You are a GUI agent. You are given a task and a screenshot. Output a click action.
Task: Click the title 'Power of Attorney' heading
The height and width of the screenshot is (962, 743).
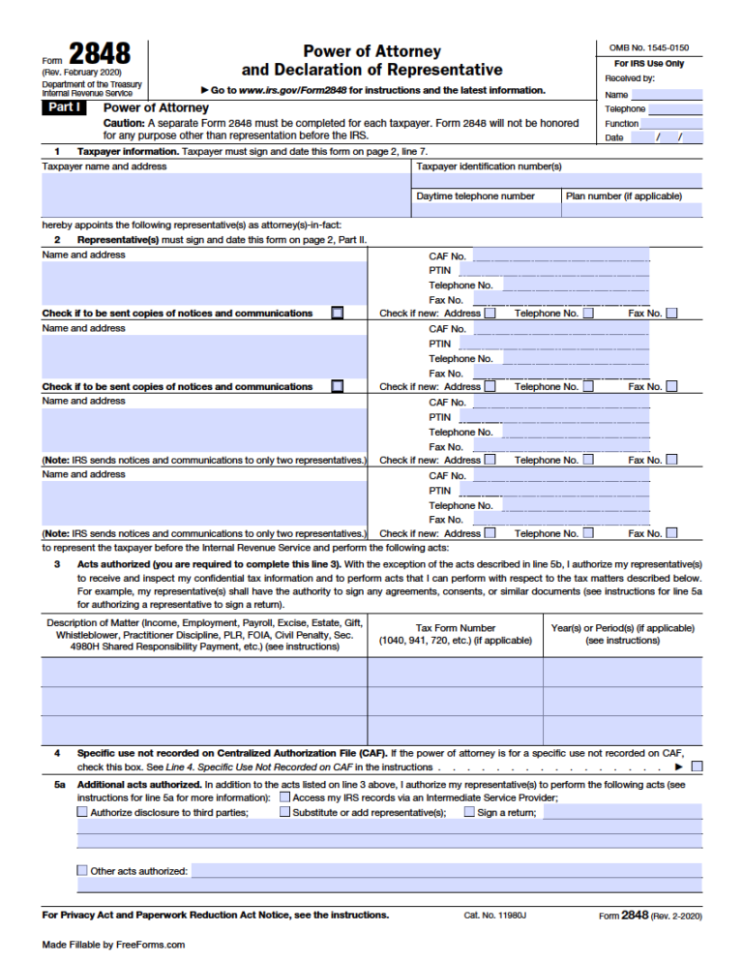[x=371, y=51]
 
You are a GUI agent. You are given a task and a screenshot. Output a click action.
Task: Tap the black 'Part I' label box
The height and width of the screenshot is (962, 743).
[x=66, y=108]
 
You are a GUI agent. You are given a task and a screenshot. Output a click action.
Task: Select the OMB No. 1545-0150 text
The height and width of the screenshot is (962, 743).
[x=648, y=47]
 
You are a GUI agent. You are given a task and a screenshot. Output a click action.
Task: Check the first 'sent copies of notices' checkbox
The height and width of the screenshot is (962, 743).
[x=337, y=313]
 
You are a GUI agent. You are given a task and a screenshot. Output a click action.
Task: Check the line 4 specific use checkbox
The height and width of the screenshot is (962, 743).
[x=697, y=767]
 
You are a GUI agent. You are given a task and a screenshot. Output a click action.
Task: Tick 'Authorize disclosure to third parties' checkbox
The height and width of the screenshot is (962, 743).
[x=82, y=813]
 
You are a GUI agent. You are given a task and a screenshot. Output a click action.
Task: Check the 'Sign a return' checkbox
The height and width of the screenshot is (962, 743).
[x=469, y=813]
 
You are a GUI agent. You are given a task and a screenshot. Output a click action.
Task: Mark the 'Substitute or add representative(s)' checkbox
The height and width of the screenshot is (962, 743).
[x=284, y=813]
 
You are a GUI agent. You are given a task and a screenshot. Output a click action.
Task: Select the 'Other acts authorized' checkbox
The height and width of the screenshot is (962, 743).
[x=82, y=870]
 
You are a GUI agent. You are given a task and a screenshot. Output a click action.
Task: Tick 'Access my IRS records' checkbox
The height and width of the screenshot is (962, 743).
[x=284, y=797]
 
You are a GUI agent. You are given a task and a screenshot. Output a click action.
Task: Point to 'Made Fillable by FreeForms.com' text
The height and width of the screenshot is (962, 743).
[x=113, y=945]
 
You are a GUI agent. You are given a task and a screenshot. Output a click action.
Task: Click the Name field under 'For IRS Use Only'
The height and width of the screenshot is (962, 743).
[x=666, y=95]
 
